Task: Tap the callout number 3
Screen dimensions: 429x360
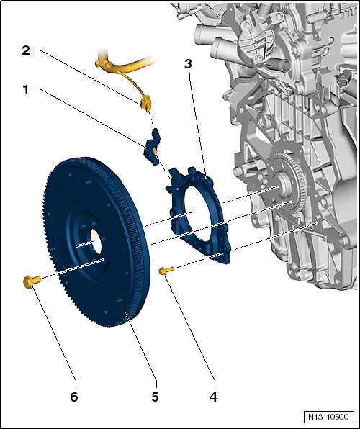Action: (x=188, y=64)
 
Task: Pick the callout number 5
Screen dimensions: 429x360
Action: (x=156, y=395)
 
